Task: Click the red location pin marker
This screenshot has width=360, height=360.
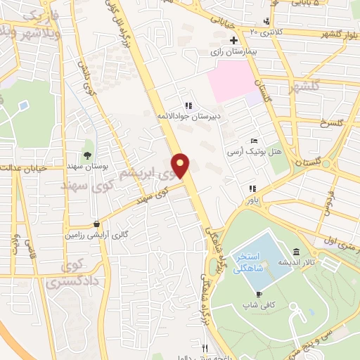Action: click(x=181, y=165)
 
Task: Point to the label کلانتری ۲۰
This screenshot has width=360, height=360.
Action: click(x=255, y=31)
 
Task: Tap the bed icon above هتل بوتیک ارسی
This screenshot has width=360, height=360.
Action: click(x=254, y=141)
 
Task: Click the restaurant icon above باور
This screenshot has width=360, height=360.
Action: click(x=252, y=188)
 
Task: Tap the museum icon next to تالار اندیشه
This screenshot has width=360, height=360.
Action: click(x=296, y=251)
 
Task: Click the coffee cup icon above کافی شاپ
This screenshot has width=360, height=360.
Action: click(x=259, y=294)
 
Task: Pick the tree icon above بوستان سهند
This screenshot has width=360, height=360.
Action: click(x=87, y=155)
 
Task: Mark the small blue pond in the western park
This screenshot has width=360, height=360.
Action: click(x=24, y=105)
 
